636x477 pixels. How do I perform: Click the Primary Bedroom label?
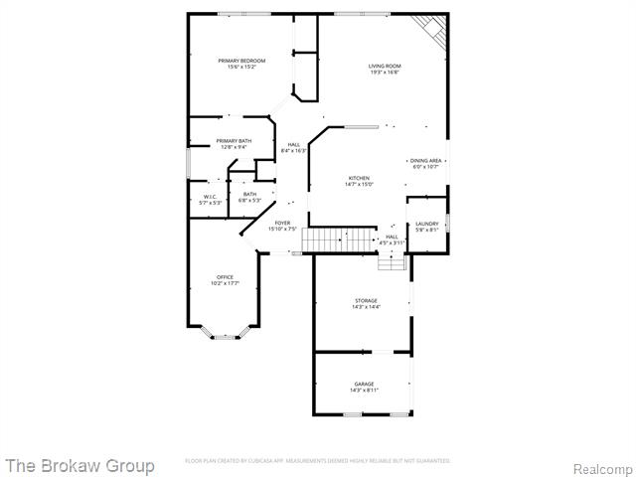(241, 61)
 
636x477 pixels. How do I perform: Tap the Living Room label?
(385, 66)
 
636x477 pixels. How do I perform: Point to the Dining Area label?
(425, 160)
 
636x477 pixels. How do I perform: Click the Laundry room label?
(427, 224)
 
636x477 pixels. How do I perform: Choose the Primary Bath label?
(234, 141)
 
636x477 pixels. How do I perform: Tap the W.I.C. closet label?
(210, 197)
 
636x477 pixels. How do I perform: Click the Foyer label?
(282, 223)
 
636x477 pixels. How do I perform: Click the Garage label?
(365, 384)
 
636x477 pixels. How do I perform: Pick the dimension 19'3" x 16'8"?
(385, 73)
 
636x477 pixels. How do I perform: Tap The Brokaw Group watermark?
(79, 465)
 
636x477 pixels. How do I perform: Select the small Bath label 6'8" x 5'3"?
(249, 197)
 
